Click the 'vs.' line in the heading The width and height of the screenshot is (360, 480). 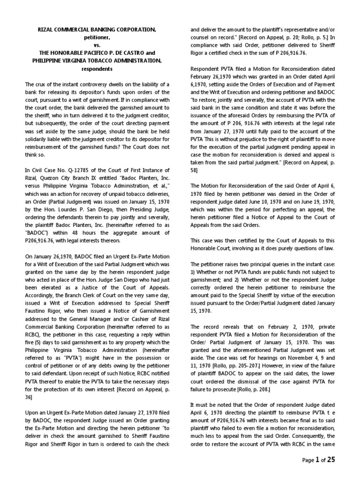click(97, 45)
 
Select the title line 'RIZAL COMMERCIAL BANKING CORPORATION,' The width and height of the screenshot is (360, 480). click(97, 30)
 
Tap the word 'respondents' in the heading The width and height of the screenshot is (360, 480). click(97, 68)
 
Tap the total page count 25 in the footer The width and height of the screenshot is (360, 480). click(331, 460)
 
